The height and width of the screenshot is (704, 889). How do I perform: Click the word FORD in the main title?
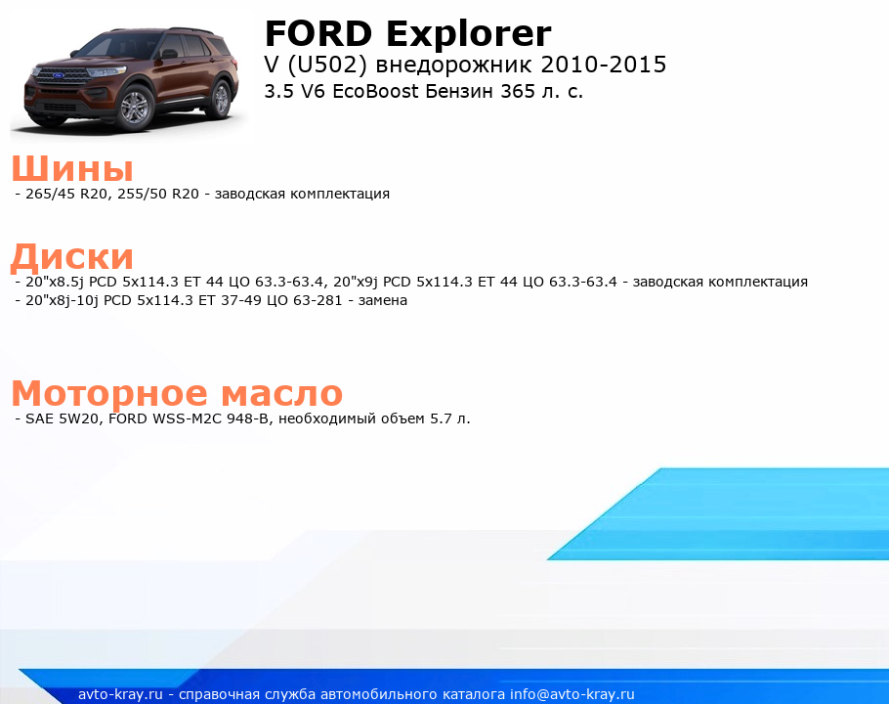tap(318, 33)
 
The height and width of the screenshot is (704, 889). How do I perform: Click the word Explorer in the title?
tap(469, 34)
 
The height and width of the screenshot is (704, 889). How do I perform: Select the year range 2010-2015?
tap(604, 65)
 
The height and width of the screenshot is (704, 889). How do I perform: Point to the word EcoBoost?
tap(375, 91)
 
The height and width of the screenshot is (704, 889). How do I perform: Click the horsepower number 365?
tap(518, 91)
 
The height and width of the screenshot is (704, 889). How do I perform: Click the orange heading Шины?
tap(72, 168)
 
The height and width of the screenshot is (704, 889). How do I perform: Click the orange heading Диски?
tap(72, 256)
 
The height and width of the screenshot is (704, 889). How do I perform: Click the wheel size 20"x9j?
tap(356, 282)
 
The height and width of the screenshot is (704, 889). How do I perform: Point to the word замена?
tap(383, 300)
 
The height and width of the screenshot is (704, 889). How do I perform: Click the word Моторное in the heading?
tap(109, 393)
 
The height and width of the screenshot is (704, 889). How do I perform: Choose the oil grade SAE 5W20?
tap(63, 418)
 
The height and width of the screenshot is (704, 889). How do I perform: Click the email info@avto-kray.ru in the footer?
tap(572, 694)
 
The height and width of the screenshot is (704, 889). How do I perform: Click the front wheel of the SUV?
tap(135, 108)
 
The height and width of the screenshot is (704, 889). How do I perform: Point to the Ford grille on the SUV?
tap(60, 75)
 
